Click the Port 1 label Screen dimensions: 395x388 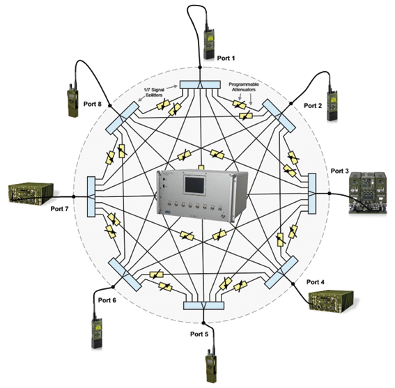226,59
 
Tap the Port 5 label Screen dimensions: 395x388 199,334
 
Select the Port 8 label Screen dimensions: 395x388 93,104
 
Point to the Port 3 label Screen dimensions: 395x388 339,171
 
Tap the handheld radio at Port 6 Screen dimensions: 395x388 97,331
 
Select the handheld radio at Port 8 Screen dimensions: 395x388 72,100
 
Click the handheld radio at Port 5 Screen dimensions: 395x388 211,366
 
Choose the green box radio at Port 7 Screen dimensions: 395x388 31,193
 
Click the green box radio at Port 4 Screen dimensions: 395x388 332,302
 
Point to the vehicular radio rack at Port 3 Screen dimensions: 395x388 368,193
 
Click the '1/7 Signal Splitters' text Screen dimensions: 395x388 154,92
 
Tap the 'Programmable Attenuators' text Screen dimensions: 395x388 244,87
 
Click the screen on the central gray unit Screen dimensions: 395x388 194,185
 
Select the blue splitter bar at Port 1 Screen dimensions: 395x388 200,85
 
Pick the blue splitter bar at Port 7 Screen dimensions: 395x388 91,196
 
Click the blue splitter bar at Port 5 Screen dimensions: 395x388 203,306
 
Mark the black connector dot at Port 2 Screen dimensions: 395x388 291,103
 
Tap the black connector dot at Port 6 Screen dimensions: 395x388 113,287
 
